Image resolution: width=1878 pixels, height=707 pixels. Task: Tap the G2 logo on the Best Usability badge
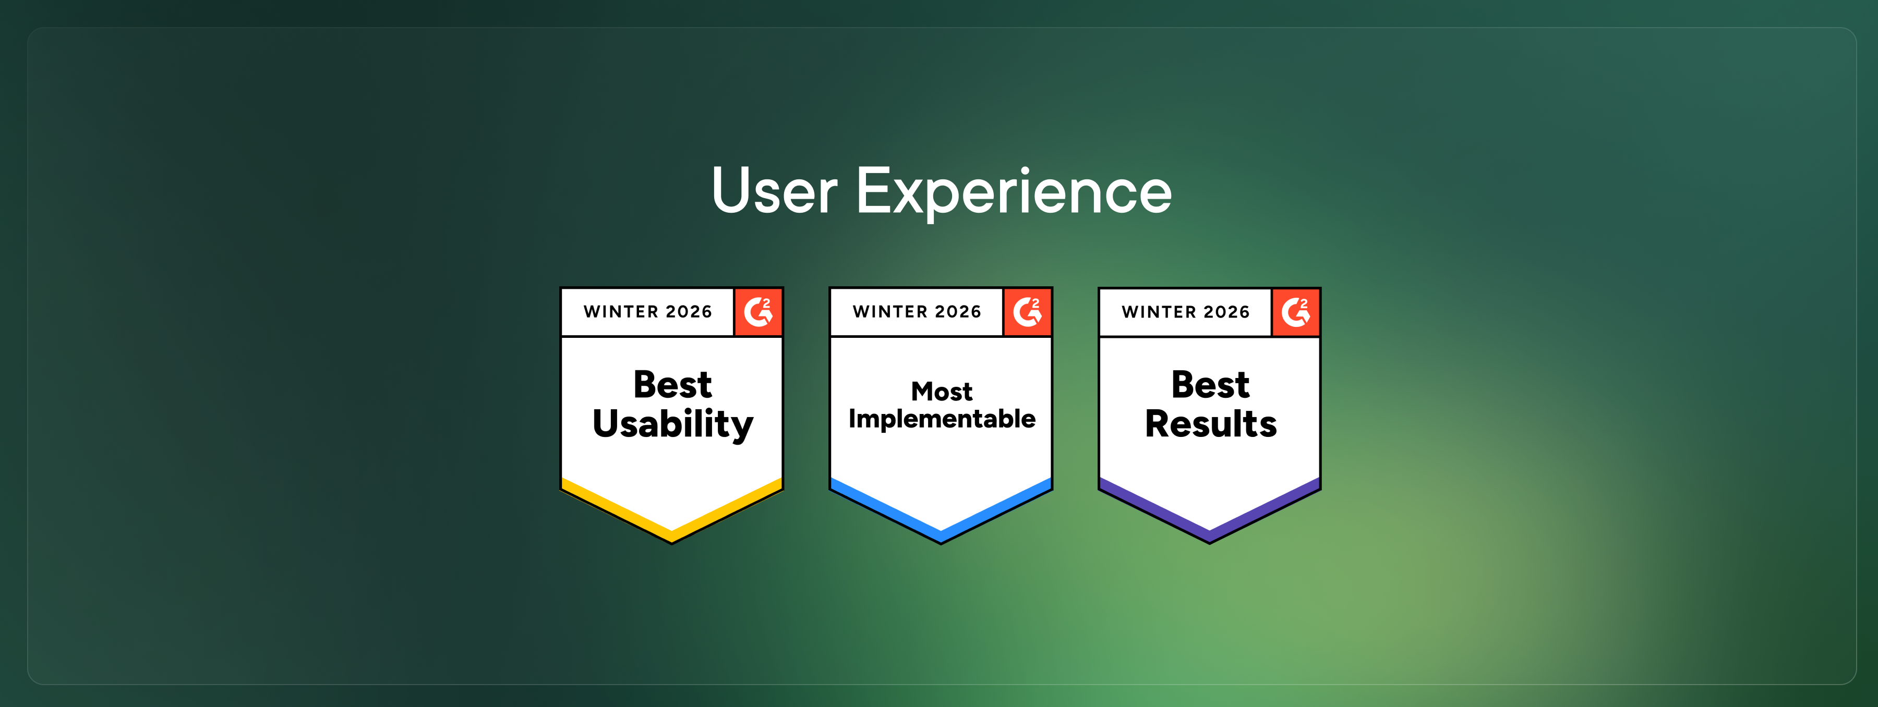click(x=758, y=312)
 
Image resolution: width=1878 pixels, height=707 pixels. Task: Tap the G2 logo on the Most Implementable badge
click(x=1027, y=312)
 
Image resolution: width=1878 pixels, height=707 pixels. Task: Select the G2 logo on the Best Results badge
click(x=1295, y=312)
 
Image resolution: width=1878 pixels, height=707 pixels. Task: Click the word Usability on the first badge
click(x=673, y=424)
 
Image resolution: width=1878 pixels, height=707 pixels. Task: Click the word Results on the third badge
click(x=1211, y=423)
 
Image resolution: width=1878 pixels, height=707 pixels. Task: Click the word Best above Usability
click(x=672, y=384)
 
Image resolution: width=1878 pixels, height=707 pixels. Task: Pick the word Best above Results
click(x=1210, y=384)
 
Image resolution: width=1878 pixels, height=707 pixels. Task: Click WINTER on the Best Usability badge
click(x=621, y=312)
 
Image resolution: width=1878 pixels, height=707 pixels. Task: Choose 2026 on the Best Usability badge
click(x=689, y=312)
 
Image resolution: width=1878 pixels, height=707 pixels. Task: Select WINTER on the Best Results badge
click(x=1159, y=312)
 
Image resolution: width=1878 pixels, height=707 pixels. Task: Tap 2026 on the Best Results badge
click(x=1227, y=312)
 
